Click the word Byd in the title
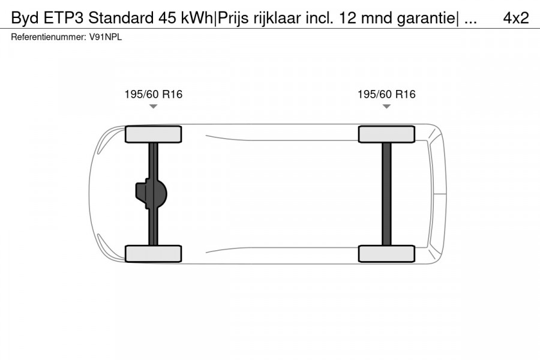coord(25,18)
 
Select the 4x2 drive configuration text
coord(515,18)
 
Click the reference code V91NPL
coord(107,37)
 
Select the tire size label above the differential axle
coord(153,94)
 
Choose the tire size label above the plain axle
coord(386,94)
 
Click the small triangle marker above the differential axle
coord(153,106)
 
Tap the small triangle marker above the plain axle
coord(386,106)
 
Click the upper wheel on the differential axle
coord(153,134)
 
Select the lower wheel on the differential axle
coord(153,253)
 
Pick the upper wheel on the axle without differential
coord(386,134)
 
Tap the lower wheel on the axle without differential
coord(386,253)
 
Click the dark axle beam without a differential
coord(386,194)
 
